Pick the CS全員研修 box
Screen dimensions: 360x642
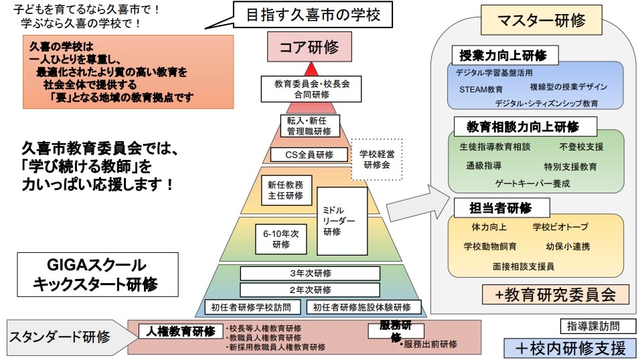click(x=310, y=155)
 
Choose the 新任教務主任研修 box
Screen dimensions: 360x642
click(x=285, y=191)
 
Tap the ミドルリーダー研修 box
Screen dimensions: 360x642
click(x=342, y=221)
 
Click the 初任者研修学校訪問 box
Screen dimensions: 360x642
click(x=254, y=308)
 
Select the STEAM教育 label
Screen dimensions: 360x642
click(x=481, y=88)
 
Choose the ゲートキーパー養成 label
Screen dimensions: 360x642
click(x=533, y=183)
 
